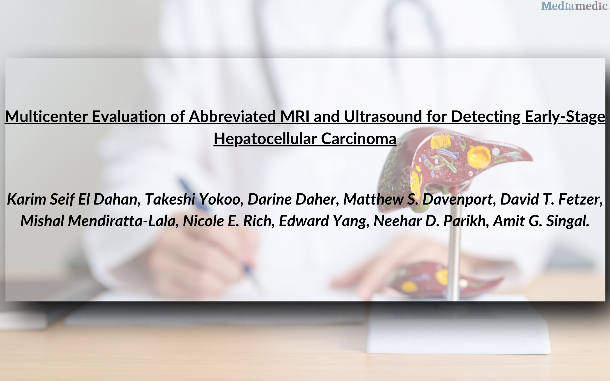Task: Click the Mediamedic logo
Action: pyautogui.click(x=574, y=6)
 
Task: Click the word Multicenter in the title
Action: pyautogui.click(x=46, y=116)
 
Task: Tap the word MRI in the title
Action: pyautogui.click(x=295, y=116)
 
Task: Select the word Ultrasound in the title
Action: pyautogui.click(x=383, y=116)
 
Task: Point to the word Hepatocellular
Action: pyautogui.click(x=265, y=139)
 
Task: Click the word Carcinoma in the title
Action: pyautogui.click(x=358, y=139)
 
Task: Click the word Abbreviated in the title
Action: pyautogui.click(x=232, y=116)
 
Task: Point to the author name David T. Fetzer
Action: pyautogui.click(x=550, y=199)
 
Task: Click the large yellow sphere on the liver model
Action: pyautogui.click(x=479, y=157)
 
